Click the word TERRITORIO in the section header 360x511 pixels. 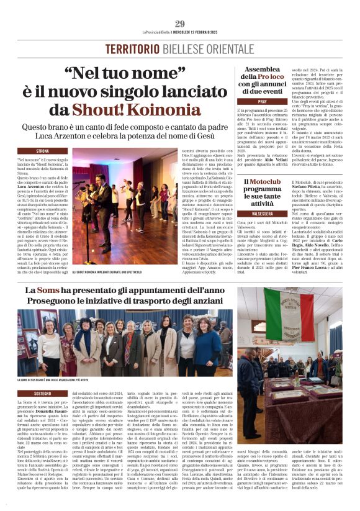128,48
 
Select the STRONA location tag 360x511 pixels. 43,151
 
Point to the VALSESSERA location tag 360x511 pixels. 263,213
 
